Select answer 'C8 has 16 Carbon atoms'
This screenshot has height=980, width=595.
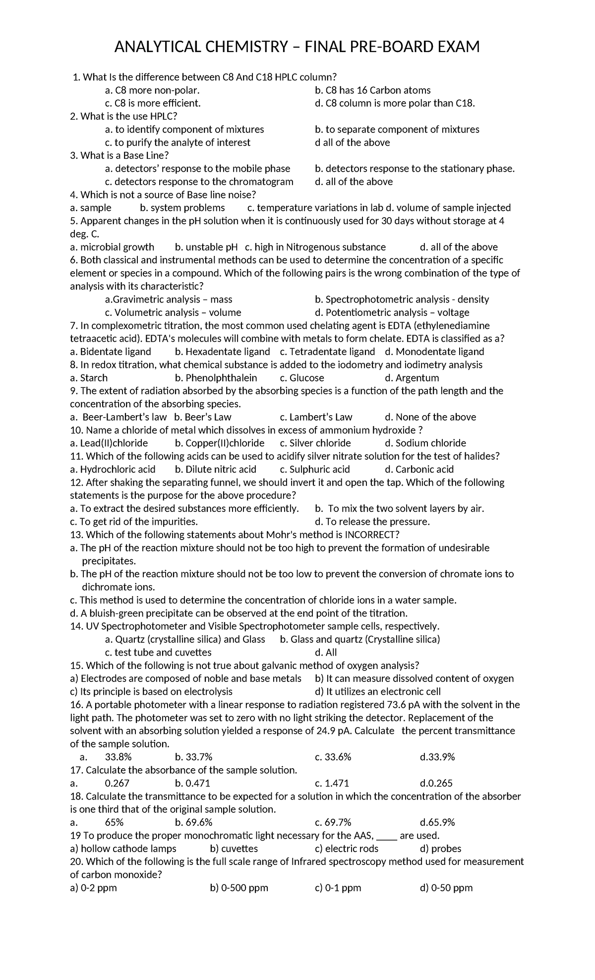click(372, 90)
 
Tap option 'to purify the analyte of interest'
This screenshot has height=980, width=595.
click(178, 142)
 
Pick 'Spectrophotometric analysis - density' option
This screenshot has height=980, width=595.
click(402, 300)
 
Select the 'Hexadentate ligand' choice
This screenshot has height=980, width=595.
click(222, 352)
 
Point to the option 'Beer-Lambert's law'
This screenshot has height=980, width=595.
click(119, 417)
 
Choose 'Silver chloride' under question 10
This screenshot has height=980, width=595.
click(315, 443)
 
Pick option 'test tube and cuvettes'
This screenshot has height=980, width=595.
click(158, 653)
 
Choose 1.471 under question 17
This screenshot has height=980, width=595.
click(332, 784)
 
